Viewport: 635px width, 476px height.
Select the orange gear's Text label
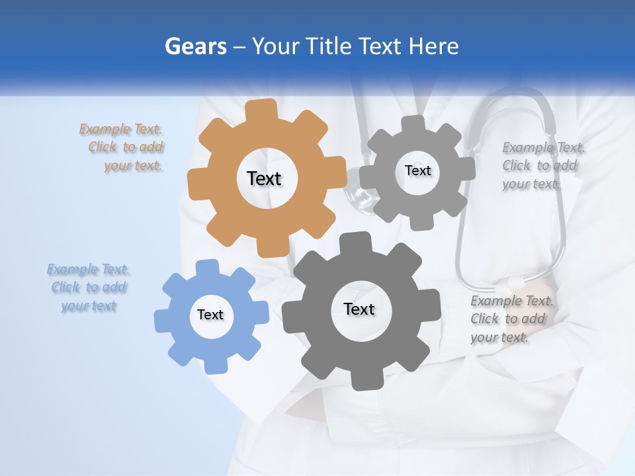(264, 178)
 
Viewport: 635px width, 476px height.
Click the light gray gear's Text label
(417, 171)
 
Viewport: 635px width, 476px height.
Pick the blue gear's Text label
(210, 315)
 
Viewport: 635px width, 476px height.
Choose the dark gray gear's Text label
(359, 309)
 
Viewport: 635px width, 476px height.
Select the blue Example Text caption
(89, 288)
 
